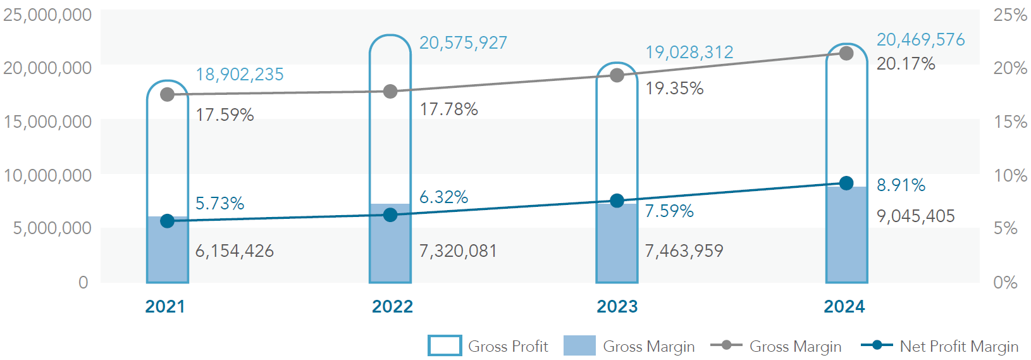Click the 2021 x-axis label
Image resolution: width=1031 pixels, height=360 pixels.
tap(165, 307)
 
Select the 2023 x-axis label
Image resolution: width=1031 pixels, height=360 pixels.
tap(617, 307)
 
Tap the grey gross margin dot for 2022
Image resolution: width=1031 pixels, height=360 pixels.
tap(390, 92)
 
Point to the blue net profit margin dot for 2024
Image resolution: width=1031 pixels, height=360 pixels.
tap(846, 183)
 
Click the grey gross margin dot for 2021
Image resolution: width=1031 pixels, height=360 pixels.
tap(167, 95)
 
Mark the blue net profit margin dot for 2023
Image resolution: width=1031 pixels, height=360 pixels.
tap(617, 201)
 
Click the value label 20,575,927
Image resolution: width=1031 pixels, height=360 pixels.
tap(463, 43)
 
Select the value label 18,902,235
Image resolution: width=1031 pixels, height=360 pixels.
tap(240, 75)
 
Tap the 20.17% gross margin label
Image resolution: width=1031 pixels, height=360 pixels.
tap(906, 64)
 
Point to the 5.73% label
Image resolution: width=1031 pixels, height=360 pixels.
tap(219, 204)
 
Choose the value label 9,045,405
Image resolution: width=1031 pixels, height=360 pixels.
tap(915, 216)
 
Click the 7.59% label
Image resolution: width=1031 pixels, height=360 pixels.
tap(669, 211)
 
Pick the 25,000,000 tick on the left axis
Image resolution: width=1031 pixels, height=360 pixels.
tap(47, 15)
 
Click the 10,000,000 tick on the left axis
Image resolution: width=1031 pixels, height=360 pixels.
tap(47, 175)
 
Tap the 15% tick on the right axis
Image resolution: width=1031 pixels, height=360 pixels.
tap(1009, 121)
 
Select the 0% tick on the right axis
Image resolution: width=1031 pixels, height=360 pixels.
tap(1005, 282)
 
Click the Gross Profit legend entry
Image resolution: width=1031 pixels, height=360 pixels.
tap(488, 346)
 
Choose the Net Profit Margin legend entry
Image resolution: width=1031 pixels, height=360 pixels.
tap(941, 346)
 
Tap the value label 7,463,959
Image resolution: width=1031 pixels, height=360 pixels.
tap(684, 251)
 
